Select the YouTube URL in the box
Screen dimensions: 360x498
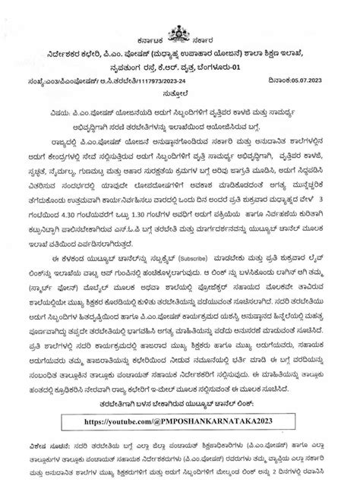(180, 418)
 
